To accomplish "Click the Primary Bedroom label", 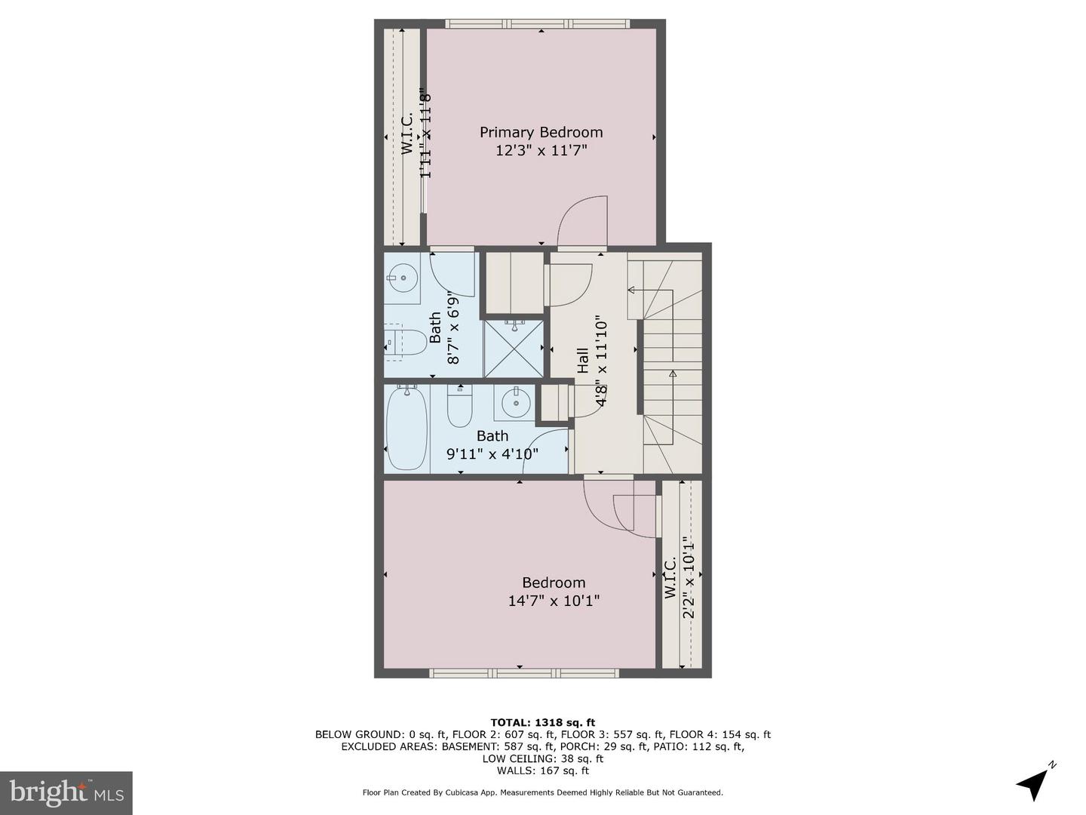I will [541, 132].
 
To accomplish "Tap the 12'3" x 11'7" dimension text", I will [541, 151].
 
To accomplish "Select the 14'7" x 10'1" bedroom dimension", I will [554, 601].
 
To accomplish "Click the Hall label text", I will [583, 360].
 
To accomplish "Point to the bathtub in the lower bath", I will [406, 429].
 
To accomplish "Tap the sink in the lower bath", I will [516, 403].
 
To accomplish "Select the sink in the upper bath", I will [403, 278].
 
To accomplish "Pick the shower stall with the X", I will [514, 348].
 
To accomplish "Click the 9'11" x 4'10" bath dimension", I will [492, 454].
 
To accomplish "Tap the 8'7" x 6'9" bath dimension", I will [453, 328].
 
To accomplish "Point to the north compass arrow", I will [1034, 783].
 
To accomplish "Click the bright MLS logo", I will [66, 792].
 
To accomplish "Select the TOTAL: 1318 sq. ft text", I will [542, 722].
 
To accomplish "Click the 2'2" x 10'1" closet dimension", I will [688, 577].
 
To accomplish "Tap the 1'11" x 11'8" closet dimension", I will [425, 134].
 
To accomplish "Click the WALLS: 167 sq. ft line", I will [542, 770].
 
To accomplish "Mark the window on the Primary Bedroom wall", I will [537, 24].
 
